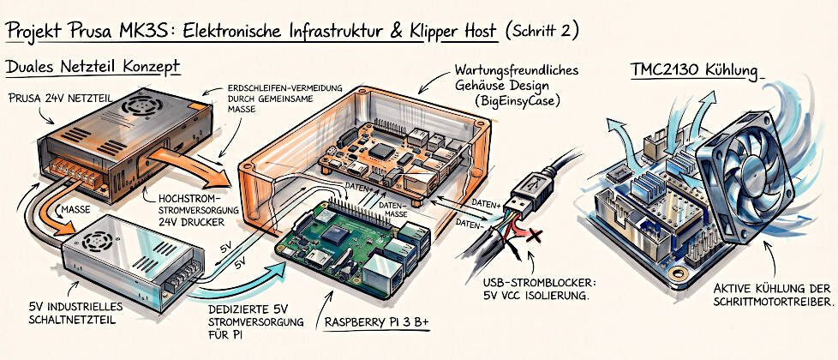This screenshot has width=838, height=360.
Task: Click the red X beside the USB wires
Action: click(x=532, y=235)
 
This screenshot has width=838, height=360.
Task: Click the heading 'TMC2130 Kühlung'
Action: click(x=695, y=72)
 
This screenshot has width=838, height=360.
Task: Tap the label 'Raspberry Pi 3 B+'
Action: click(x=377, y=322)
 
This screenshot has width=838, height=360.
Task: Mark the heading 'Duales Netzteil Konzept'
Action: click(x=92, y=67)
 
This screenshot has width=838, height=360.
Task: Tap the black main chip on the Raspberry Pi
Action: click(x=337, y=234)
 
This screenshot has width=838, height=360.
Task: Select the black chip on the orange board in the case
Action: click(x=380, y=149)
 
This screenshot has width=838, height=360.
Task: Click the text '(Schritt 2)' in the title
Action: click(x=542, y=30)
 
